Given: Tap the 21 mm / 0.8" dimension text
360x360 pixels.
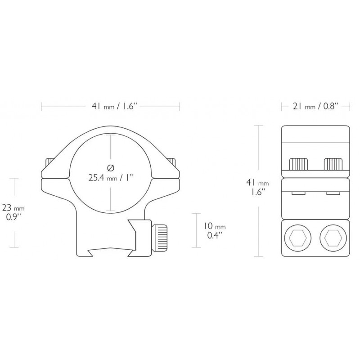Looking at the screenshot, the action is click(316, 106).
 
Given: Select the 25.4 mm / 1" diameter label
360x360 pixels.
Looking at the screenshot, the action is click(111, 177).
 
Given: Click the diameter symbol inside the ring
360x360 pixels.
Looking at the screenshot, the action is click(111, 168).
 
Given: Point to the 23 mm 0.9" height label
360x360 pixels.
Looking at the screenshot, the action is click(13, 213).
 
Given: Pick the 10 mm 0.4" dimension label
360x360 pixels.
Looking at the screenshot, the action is click(215, 231).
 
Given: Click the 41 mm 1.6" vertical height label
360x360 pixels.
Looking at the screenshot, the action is click(257, 187).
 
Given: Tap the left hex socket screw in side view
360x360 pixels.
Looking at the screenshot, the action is click(298, 240).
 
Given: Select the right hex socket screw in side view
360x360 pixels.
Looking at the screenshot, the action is click(333, 240).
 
